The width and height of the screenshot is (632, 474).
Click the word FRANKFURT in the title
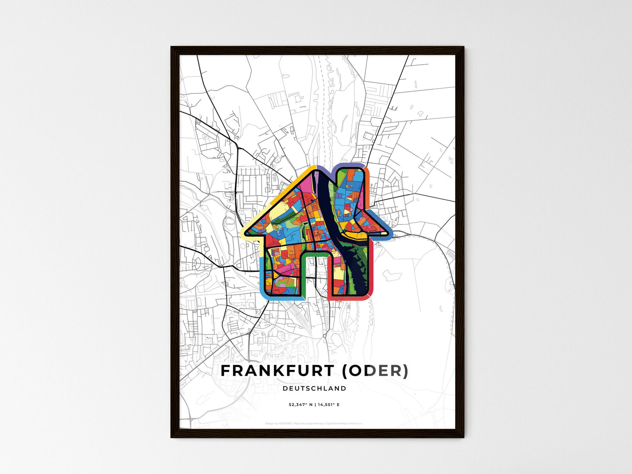tap(277, 371)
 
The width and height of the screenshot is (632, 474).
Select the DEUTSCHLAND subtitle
tap(314, 388)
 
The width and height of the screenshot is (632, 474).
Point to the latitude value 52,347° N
tap(300, 405)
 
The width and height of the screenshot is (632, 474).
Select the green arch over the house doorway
tap(315, 254)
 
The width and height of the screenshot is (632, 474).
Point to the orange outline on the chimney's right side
tap(368, 184)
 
